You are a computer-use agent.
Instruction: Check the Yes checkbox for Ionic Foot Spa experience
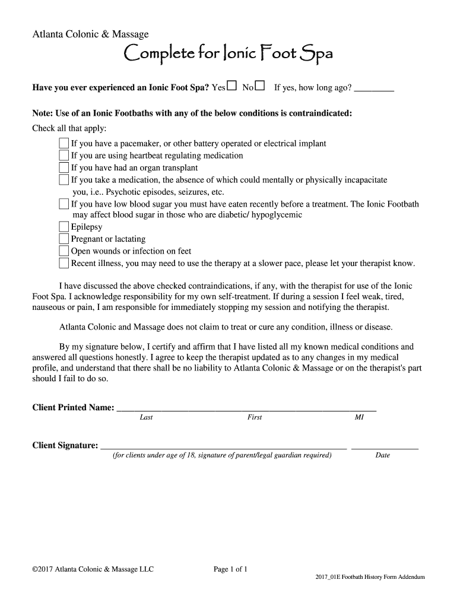click(231, 87)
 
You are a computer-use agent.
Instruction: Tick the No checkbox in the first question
click(260, 87)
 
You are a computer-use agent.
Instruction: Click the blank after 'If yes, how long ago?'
click(374, 89)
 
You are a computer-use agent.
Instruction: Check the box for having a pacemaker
click(64, 143)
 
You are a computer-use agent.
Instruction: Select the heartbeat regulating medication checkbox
click(64, 156)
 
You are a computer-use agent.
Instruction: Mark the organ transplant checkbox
click(64, 167)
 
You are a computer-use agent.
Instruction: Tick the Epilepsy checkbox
click(64, 227)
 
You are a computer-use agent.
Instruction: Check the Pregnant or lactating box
click(64, 239)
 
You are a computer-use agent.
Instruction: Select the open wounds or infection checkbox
click(64, 251)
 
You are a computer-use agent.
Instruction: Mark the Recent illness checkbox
click(64, 263)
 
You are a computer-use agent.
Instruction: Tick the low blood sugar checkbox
click(64, 204)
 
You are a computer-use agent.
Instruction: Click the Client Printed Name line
click(246, 408)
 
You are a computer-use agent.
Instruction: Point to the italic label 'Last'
click(146, 417)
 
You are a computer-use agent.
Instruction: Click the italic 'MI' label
click(359, 417)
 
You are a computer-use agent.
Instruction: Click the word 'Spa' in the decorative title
click(316, 56)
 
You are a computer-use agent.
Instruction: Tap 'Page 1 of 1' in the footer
click(230, 569)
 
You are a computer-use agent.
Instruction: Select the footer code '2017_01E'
click(328, 577)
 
